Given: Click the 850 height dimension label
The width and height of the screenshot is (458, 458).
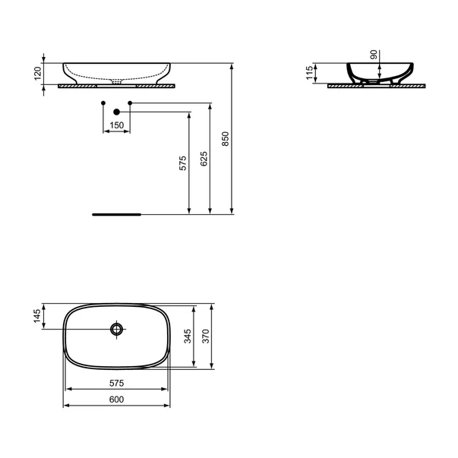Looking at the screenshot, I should point(225,138).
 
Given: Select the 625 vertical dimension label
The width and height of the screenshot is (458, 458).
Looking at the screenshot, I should point(203,158).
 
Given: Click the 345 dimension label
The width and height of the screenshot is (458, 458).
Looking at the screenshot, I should point(187,336).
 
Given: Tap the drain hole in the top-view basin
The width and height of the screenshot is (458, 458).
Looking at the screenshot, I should point(116,329).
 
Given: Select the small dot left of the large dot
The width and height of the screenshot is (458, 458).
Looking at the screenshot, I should point(102,102).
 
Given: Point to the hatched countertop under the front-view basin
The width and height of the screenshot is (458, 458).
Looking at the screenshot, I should point(118,87).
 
